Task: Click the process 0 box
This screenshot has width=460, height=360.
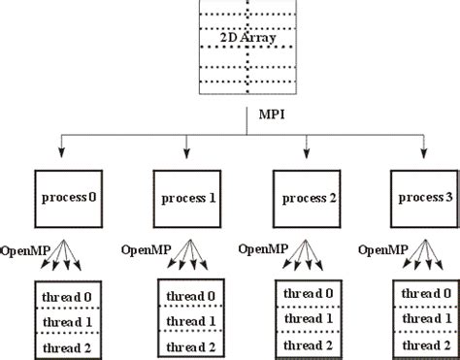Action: click(64, 198)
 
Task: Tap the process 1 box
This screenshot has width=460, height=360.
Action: click(185, 198)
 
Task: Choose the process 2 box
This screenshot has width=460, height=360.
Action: click(306, 198)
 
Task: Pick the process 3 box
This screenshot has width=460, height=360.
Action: click(422, 198)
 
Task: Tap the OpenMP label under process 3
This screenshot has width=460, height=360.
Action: click(382, 248)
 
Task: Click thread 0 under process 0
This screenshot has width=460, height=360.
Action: click(64, 294)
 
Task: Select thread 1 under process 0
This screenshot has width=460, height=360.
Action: click(64, 319)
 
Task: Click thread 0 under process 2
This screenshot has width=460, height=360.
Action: click(306, 293)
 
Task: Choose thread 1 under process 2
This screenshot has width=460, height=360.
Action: click(306, 318)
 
